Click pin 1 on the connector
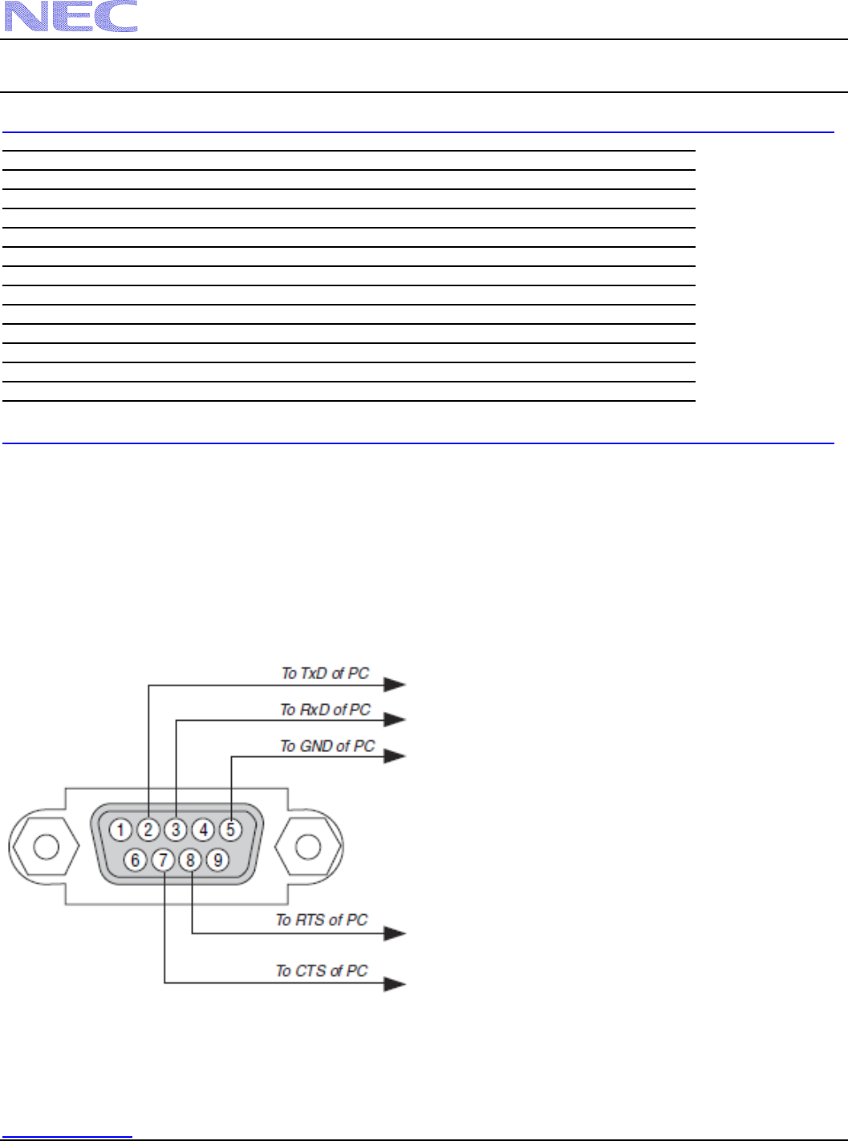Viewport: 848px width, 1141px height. point(120,830)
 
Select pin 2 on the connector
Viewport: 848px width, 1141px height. point(148,830)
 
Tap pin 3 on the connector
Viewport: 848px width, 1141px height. point(176,830)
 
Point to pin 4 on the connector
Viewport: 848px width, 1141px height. point(204,830)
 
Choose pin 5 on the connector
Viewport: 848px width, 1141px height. point(231,830)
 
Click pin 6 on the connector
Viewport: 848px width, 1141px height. point(135,860)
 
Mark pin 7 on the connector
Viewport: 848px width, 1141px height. point(163,860)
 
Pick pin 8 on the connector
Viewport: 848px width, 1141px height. point(190,860)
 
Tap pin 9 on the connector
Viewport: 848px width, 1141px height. point(217,860)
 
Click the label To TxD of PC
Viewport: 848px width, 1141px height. point(325,674)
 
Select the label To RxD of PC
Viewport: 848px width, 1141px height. point(325,710)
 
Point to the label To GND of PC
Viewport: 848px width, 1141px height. point(327,746)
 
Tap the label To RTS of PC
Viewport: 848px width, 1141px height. point(322,920)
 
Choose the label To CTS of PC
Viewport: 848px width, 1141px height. point(322,970)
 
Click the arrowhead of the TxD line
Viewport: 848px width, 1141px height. point(394,685)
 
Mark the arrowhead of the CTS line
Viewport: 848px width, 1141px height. point(394,984)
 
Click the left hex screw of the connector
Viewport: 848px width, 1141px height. point(44,846)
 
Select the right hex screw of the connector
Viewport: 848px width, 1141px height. point(309,846)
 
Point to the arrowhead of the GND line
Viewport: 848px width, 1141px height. point(394,756)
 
